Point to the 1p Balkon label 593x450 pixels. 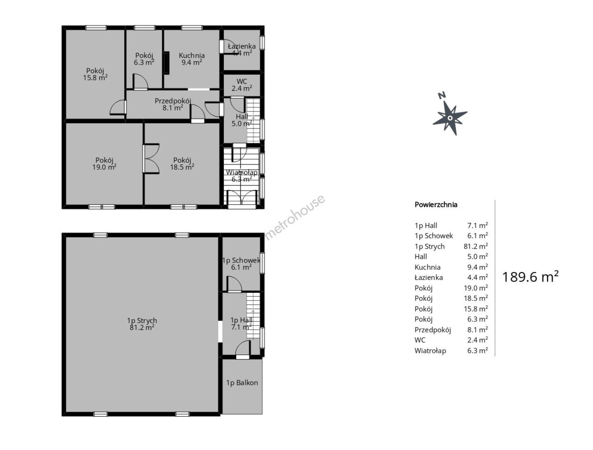(242, 382)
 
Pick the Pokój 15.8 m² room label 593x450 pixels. (95, 74)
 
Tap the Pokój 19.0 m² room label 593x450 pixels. (104, 163)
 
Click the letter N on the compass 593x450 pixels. (442, 95)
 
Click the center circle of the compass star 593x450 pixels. (450, 118)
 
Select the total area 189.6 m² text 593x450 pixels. (530, 276)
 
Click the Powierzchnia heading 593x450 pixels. (436, 205)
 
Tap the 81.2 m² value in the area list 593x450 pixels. (476, 246)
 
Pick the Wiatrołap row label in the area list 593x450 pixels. (430, 350)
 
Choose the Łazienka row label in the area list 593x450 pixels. (428, 277)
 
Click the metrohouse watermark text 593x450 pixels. (295, 217)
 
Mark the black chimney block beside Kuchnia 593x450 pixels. (166, 62)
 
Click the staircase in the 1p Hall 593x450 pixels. (253, 315)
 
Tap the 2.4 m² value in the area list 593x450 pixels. (478, 340)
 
